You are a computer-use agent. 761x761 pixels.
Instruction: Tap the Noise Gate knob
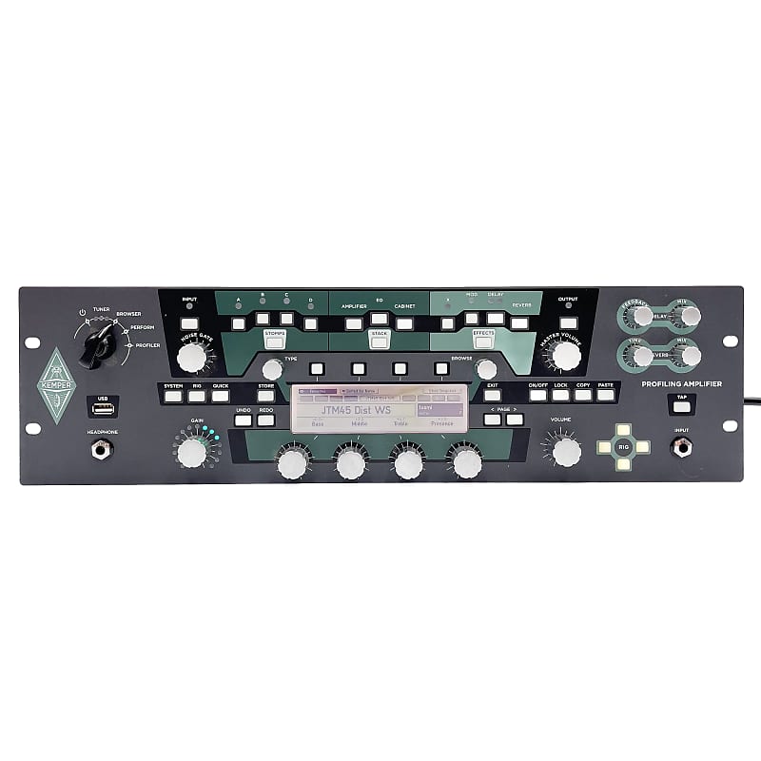(191, 358)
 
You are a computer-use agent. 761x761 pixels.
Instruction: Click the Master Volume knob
(565, 356)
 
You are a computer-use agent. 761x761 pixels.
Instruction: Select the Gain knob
(191, 450)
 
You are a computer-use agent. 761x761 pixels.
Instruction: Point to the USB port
(103, 409)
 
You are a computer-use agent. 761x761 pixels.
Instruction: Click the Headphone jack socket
(99, 448)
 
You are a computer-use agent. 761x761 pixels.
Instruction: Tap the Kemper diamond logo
(56, 385)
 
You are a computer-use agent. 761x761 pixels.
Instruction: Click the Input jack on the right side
(681, 448)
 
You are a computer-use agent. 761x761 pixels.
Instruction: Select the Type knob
(272, 369)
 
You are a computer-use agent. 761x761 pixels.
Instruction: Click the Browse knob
(486, 369)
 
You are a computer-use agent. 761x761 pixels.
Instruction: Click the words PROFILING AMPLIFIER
(682, 383)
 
